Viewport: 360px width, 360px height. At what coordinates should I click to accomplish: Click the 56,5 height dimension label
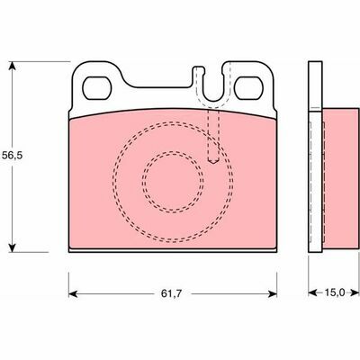(x=13, y=156)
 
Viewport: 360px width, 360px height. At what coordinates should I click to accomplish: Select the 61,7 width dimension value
(x=171, y=293)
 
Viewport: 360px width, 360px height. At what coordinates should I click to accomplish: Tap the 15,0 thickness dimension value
(x=335, y=292)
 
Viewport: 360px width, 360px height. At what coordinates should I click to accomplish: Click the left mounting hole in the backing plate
(x=97, y=88)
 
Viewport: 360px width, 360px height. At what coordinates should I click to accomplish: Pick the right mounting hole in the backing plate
(x=248, y=88)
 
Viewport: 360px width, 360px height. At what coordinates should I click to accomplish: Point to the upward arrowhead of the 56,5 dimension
(x=12, y=66)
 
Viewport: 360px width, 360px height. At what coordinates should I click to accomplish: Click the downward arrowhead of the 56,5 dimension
(x=12, y=247)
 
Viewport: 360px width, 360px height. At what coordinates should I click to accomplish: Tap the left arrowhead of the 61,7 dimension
(x=73, y=293)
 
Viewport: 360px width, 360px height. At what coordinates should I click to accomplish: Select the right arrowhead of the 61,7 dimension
(x=273, y=293)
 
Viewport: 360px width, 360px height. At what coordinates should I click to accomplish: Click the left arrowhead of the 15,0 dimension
(x=313, y=292)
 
